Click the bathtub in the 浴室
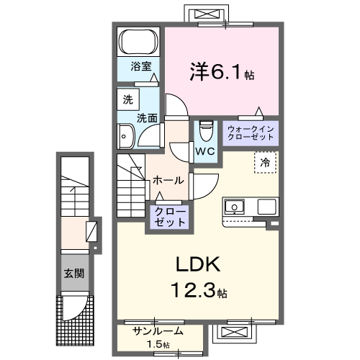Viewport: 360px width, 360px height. coord(139,42)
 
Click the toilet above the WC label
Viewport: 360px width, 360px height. coord(205,130)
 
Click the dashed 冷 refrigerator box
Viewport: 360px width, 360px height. coord(265,163)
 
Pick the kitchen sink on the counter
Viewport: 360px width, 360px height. coord(235,207)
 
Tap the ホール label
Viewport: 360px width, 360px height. coord(168,180)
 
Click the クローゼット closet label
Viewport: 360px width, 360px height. coord(168,217)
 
